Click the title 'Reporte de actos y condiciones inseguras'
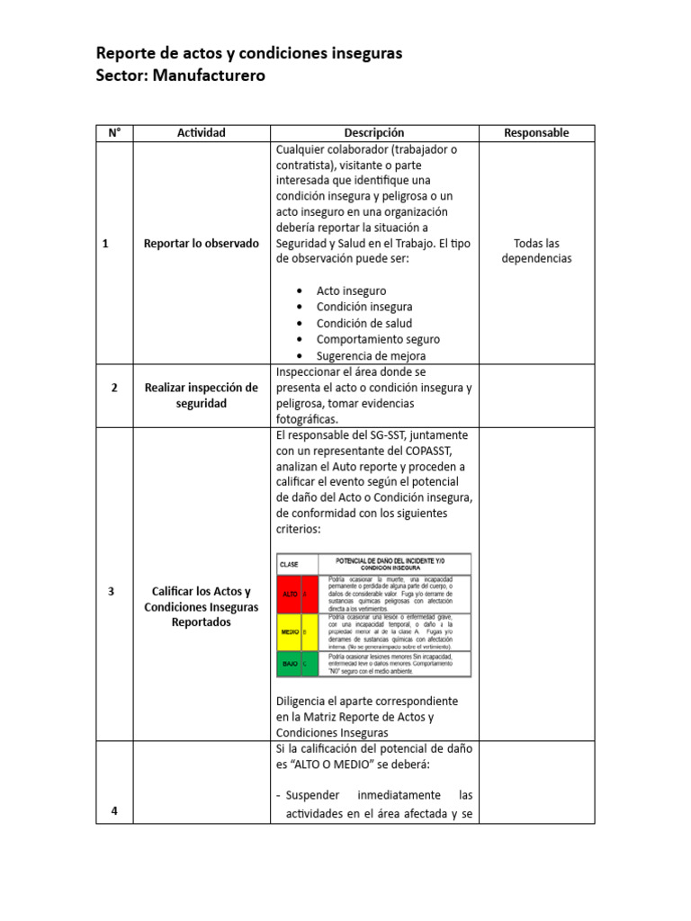click(249, 53)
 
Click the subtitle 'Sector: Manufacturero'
click(180, 76)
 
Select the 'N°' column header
click(113, 133)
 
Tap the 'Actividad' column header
click(201, 133)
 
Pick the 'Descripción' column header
click(373, 133)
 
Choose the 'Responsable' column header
click(536, 133)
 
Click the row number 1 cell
click(106, 243)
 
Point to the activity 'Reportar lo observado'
click(201, 243)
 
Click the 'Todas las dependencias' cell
click(536, 251)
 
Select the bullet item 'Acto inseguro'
click(351, 291)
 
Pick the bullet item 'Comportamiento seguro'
click(378, 339)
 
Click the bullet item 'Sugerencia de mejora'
click(371, 355)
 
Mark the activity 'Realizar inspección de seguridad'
click(201, 396)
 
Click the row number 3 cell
click(111, 592)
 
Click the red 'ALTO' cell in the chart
click(292, 595)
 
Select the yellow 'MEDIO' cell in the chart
click(292, 632)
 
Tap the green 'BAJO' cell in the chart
click(292, 664)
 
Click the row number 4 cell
click(114, 810)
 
